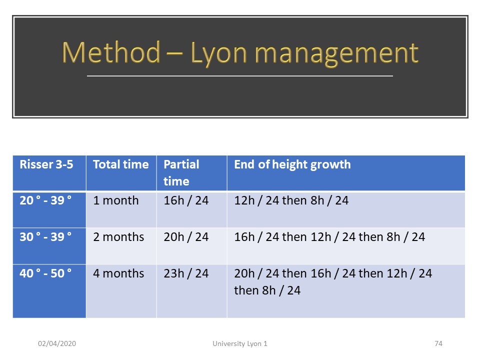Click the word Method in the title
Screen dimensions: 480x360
(x=111, y=52)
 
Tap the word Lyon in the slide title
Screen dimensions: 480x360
(x=218, y=54)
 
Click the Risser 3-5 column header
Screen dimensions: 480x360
(x=46, y=164)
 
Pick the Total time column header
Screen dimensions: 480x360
(x=121, y=164)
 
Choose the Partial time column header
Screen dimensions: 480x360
(x=181, y=172)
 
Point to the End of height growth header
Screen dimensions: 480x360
(x=292, y=164)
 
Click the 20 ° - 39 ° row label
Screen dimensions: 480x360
(x=45, y=200)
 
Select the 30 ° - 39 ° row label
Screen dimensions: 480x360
(x=45, y=237)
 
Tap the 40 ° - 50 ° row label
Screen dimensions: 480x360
(x=45, y=273)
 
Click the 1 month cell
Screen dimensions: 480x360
(x=115, y=200)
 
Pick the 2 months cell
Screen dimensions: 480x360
(x=118, y=237)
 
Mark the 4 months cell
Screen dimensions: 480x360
(x=118, y=273)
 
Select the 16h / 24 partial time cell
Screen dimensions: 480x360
(x=186, y=200)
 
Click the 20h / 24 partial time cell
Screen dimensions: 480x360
(x=186, y=237)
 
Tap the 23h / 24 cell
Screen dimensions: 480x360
(x=186, y=273)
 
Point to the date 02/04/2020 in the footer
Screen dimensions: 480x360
(x=57, y=343)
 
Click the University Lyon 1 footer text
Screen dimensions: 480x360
(x=240, y=344)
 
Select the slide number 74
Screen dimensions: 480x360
(x=438, y=343)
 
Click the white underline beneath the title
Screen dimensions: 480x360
(x=240, y=76)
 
